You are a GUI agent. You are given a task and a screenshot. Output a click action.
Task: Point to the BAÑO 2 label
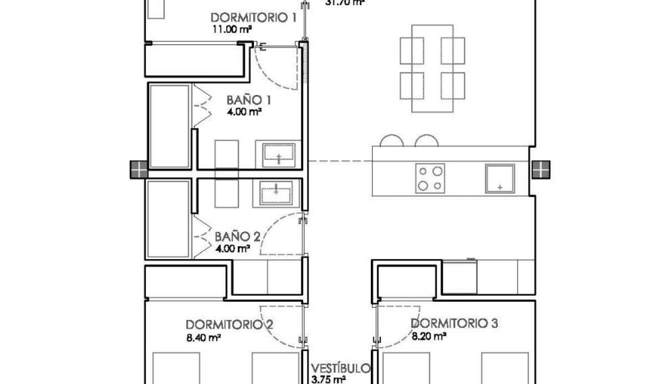point(237,237)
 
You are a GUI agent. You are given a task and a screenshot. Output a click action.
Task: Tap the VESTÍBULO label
point(340,368)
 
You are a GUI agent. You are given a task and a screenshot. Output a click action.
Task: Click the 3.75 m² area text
point(329,379)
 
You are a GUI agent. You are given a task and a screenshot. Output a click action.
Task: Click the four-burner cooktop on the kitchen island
point(430,177)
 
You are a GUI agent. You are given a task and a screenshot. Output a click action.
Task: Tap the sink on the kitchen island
point(500,178)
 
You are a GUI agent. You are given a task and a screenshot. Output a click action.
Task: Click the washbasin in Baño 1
point(278,154)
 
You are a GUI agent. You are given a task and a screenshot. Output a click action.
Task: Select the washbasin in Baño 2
point(276,193)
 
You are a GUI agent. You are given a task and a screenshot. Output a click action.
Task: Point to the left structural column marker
point(139,170)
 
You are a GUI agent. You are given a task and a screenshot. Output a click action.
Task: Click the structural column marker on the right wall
point(541,169)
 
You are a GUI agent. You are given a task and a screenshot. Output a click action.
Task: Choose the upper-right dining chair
point(453,50)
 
